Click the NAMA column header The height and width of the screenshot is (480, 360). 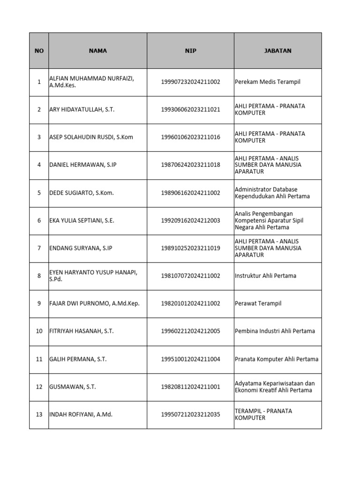click(x=97, y=51)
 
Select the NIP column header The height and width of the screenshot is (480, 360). click(x=190, y=51)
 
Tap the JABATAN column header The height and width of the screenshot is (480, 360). click(x=277, y=51)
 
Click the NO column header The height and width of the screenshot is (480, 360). click(x=39, y=51)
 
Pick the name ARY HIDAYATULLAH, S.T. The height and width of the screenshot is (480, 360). click(x=82, y=110)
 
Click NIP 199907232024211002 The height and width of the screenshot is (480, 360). click(x=190, y=82)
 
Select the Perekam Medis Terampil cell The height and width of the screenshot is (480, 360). click(x=268, y=82)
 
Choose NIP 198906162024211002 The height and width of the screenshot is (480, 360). click(x=190, y=193)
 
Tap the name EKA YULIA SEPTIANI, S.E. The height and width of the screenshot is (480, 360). click(x=82, y=220)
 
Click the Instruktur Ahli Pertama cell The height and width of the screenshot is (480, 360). click(x=265, y=276)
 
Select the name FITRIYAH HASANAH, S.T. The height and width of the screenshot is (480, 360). click(x=82, y=331)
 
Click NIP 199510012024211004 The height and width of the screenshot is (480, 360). click(x=190, y=360)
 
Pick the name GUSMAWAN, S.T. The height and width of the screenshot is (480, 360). click(x=73, y=387)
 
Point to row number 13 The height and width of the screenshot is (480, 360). click(x=39, y=414)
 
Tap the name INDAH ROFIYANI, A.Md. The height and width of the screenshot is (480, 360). click(x=81, y=414)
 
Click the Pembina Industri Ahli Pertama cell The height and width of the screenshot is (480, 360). click(x=275, y=331)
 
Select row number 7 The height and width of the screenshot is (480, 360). click(x=39, y=248)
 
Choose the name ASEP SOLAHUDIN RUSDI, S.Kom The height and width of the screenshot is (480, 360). click(x=91, y=137)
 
